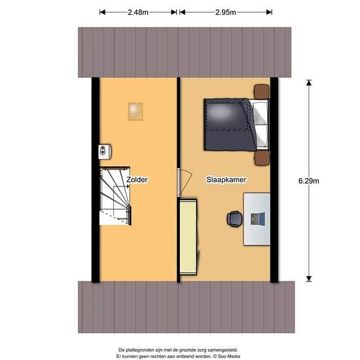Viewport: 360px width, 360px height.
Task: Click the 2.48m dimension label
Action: click(138, 12)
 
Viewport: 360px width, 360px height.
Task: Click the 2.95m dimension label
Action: click(225, 12)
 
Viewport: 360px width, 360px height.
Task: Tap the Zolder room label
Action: click(138, 179)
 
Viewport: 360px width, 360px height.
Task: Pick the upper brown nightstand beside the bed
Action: click(262, 91)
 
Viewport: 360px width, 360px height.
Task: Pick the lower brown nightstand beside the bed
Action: click(262, 158)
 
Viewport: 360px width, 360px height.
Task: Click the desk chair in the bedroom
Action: click(234, 219)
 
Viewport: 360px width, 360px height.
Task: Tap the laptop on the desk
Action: click(258, 219)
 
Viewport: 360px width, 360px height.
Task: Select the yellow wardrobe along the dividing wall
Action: click(189, 237)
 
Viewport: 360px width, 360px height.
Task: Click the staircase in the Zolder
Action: click(115, 195)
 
